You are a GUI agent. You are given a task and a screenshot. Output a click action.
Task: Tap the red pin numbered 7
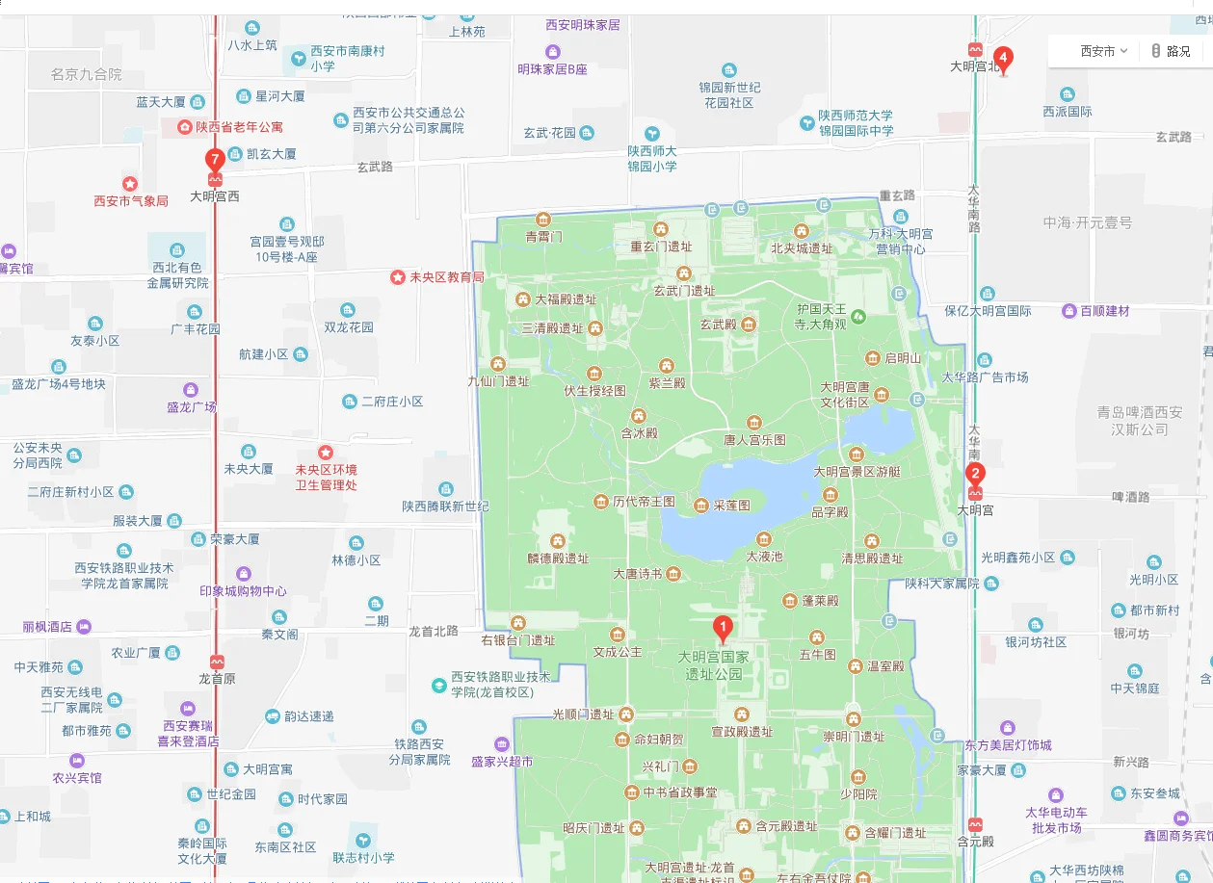point(216,161)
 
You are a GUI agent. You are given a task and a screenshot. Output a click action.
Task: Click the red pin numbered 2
point(976,474)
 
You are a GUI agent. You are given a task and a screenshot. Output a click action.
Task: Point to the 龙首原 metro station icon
point(217,662)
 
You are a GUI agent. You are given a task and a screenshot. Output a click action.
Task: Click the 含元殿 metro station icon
point(975,824)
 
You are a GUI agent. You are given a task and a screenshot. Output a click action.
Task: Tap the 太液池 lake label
point(765,556)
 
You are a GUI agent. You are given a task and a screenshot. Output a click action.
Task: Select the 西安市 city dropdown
point(1103,51)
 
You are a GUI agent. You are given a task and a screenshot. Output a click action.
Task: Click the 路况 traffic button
point(1171,51)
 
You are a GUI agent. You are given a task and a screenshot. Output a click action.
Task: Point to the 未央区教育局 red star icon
point(397,276)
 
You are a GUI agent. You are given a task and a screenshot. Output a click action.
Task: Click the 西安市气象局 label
point(131,201)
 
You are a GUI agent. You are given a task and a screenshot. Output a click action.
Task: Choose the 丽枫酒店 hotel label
point(47,627)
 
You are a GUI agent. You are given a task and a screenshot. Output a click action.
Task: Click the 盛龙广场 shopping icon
point(191,390)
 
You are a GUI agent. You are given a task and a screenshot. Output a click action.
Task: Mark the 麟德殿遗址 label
point(557,558)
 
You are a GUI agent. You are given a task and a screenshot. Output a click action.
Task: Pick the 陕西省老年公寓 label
point(239,126)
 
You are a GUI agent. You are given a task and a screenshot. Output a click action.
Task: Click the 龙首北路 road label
point(434,632)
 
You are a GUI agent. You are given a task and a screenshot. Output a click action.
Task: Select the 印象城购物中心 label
point(243,591)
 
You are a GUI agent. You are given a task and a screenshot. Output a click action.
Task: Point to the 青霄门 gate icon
point(543,220)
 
